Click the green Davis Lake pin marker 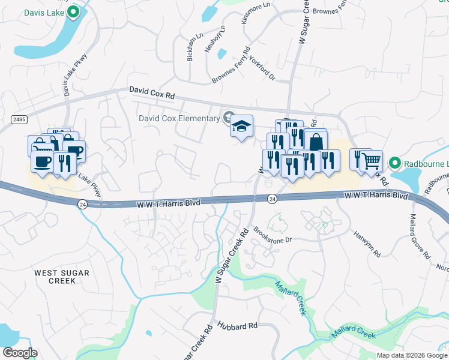click(73, 11)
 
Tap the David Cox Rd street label click(152, 92)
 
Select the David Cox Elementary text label click(179, 118)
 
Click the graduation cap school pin click(241, 126)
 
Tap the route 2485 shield click(19, 120)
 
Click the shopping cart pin click(372, 160)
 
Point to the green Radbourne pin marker click(394, 163)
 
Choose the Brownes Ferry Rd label click(230, 67)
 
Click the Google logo click(20, 352)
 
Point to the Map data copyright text click(412, 355)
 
